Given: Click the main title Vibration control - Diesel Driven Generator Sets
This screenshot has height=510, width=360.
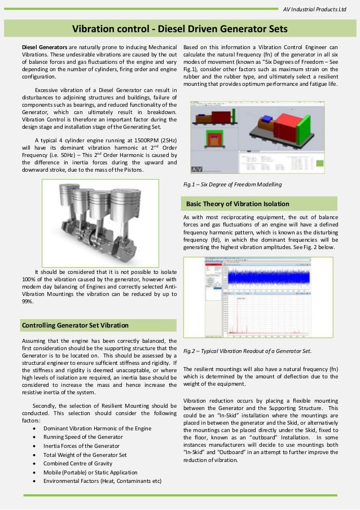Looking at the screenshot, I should click(x=180, y=29).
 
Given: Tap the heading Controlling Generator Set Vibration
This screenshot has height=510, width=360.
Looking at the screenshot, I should click(x=74, y=325).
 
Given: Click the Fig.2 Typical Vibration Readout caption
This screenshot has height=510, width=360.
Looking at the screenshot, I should click(x=247, y=351).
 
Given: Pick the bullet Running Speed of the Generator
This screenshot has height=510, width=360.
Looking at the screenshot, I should click(x=83, y=437).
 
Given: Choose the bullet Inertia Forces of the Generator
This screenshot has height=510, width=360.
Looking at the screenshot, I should click(x=82, y=446).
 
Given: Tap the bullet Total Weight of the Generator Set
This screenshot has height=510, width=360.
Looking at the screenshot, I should click(x=85, y=455).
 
